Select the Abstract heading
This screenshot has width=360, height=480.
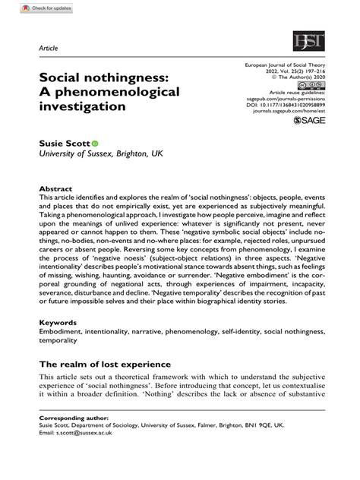[57, 188]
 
